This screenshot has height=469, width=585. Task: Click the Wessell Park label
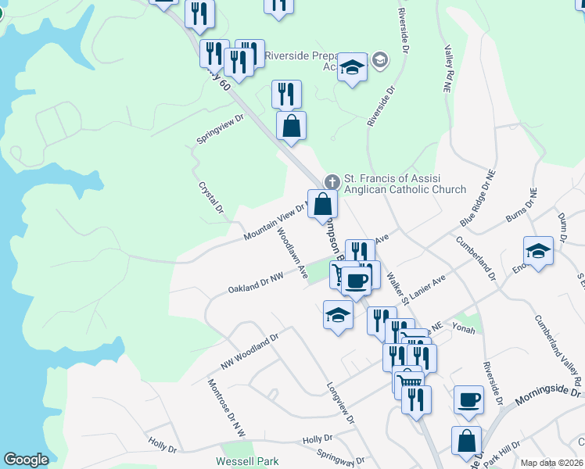click(x=247, y=462)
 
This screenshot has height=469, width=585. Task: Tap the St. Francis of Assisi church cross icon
click(x=332, y=181)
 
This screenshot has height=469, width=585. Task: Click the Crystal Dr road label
click(x=211, y=199)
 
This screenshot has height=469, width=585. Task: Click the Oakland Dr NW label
click(x=255, y=283)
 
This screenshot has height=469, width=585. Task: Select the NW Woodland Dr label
click(x=249, y=353)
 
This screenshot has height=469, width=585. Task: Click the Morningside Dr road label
click(x=548, y=396)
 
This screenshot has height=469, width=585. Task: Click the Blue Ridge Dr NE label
click(x=480, y=199)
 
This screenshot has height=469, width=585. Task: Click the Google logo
click(x=26, y=460)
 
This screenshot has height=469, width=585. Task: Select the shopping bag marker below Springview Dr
click(x=291, y=126)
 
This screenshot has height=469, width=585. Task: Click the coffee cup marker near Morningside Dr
click(x=468, y=399)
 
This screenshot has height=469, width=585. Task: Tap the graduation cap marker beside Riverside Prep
click(x=353, y=67)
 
